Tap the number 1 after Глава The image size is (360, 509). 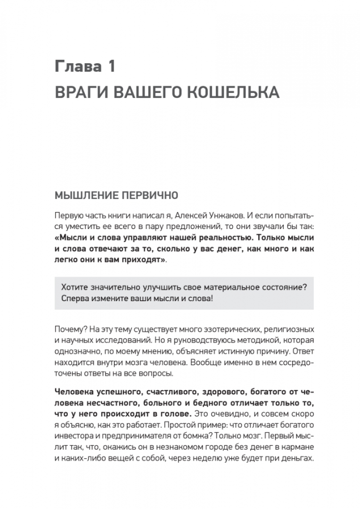coord(111,66)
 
